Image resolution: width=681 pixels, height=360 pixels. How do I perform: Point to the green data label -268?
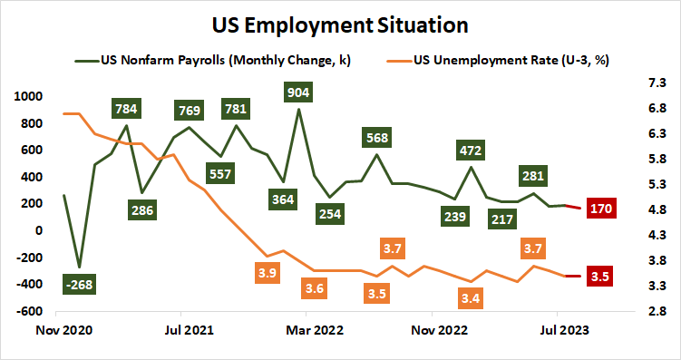click(x=80, y=284)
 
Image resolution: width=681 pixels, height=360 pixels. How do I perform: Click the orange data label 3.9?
click(x=267, y=272)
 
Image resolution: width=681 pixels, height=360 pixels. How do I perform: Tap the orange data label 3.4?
click(x=470, y=297)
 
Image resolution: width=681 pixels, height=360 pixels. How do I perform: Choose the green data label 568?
click(x=377, y=138)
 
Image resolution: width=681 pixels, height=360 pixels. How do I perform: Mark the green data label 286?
click(x=141, y=209)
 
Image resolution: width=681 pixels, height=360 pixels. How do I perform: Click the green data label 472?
click(x=471, y=150)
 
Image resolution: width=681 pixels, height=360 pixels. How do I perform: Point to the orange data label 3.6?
click(x=315, y=289)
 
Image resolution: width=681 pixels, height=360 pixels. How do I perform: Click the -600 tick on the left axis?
click(x=30, y=311)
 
